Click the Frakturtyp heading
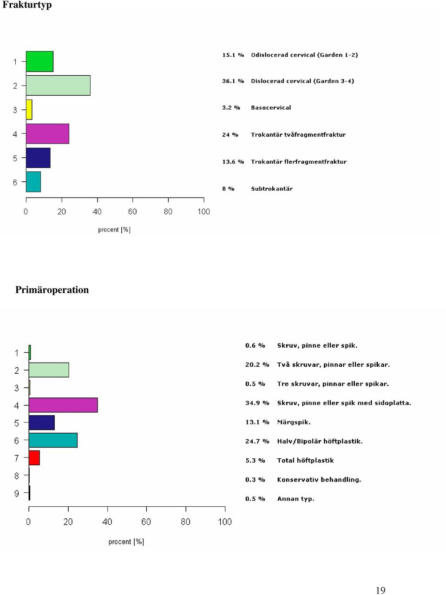coord(27,5)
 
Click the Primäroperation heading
coord(52,290)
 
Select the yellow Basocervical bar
coord(29,110)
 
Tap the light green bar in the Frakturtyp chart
coord(58,86)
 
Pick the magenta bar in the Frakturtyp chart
coord(48,133)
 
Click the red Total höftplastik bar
coord(34,458)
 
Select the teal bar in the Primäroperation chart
coord(53,440)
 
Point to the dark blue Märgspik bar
coord(42,423)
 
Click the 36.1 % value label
coord(233,81)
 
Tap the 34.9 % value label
coord(257,403)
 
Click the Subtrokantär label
coord(272,189)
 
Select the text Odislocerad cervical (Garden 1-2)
coord(304,55)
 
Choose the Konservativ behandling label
coord(319,480)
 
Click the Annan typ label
coord(296,499)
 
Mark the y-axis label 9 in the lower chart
coord(17,493)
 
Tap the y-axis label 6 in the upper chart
coord(15,182)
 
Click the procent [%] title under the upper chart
coord(114,230)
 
